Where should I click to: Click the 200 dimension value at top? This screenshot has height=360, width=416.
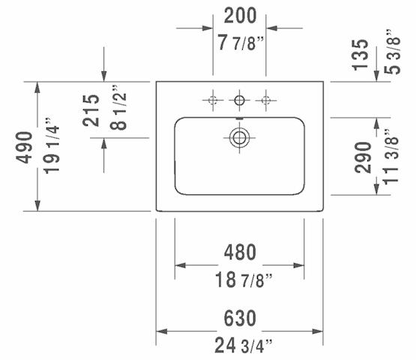(240, 16)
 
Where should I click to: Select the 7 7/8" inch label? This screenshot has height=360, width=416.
(241, 43)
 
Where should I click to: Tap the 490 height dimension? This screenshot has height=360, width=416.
(24, 147)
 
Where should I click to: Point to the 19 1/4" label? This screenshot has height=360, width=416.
(52, 145)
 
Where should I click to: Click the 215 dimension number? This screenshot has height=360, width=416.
(91, 110)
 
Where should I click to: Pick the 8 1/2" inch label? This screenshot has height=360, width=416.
(118, 108)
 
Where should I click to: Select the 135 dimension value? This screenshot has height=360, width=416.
(360, 55)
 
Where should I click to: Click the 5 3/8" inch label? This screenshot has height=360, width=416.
(392, 52)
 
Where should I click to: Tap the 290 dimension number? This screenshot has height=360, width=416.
(363, 157)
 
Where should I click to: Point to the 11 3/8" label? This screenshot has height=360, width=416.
(391, 157)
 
